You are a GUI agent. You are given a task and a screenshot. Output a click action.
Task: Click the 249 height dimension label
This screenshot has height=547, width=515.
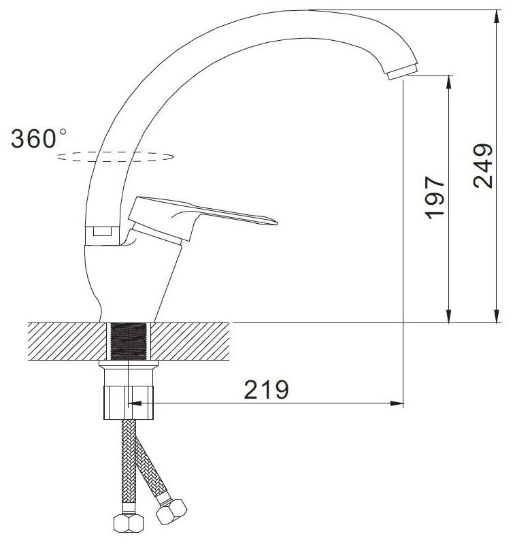click(x=483, y=166)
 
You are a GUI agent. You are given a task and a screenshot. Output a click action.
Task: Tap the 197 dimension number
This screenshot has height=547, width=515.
click(x=435, y=198)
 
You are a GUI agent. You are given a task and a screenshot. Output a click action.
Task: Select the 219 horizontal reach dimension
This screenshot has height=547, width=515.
click(x=266, y=389)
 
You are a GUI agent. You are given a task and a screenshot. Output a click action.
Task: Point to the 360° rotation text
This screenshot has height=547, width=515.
click(x=38, y=139)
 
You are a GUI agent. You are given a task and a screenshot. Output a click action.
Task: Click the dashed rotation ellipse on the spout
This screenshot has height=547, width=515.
click(x=115, y=156)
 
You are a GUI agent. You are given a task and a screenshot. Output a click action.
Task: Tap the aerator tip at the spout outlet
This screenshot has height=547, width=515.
click(x=402, y=71)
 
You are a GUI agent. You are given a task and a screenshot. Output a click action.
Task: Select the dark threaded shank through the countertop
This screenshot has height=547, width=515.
click(x=128, y=341)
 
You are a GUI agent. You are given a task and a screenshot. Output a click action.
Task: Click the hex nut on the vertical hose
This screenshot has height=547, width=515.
click(x=129, y=523)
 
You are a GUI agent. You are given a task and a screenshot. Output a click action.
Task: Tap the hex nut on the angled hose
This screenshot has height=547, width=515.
click(x=171, y=511)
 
